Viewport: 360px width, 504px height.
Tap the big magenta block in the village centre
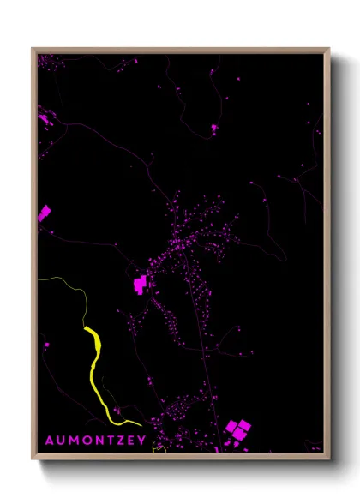point(140,285)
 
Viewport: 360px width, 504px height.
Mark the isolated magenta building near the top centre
point(213,129)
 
